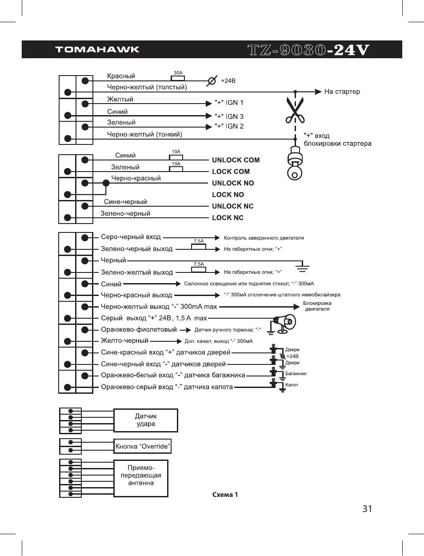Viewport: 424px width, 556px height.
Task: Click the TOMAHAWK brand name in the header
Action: (x=97, y=49)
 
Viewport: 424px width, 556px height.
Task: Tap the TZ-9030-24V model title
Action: (x=308, y=50)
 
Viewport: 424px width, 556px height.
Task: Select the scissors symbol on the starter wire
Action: (x=295, y=109)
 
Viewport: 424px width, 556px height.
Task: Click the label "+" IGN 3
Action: (x=229, y=116)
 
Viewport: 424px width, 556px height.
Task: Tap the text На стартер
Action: (x=342, y=92)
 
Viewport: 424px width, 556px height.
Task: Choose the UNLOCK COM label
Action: (x=236, y=160)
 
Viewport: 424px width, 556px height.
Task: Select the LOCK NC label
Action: (x=228, y=218)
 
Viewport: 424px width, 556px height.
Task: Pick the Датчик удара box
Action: (x=146, y=420)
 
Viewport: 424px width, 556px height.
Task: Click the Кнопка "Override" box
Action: (x=142, y=446)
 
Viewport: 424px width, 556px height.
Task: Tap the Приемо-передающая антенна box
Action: (x=141, y=478)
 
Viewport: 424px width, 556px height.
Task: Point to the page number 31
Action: (x=367, y=509)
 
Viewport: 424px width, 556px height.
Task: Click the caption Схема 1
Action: (x=225, y=495)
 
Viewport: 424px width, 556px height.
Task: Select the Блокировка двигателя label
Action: (x=317, y=306)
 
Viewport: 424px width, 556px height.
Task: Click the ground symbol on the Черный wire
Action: (x=302, y=266)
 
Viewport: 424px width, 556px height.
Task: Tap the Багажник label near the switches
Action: (x=296, y=374)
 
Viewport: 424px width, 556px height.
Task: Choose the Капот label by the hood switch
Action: (x=292, y=385)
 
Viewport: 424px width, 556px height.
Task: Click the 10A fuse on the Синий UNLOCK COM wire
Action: (x=176, y=157)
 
